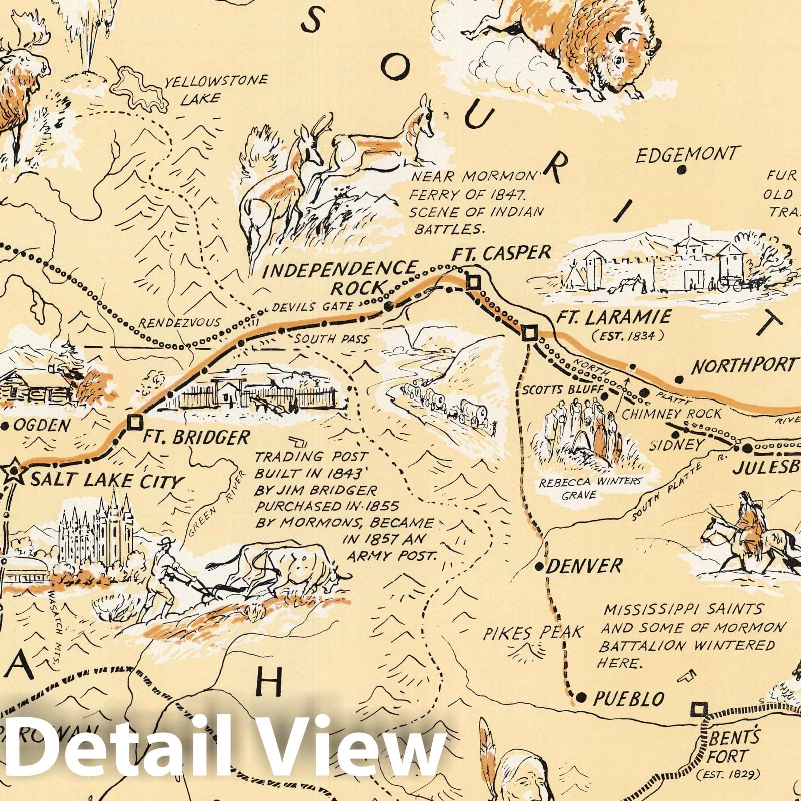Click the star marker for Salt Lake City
14,472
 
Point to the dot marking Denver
539,567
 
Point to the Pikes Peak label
532,633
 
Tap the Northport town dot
679,378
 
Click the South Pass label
331,339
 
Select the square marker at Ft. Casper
473,283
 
